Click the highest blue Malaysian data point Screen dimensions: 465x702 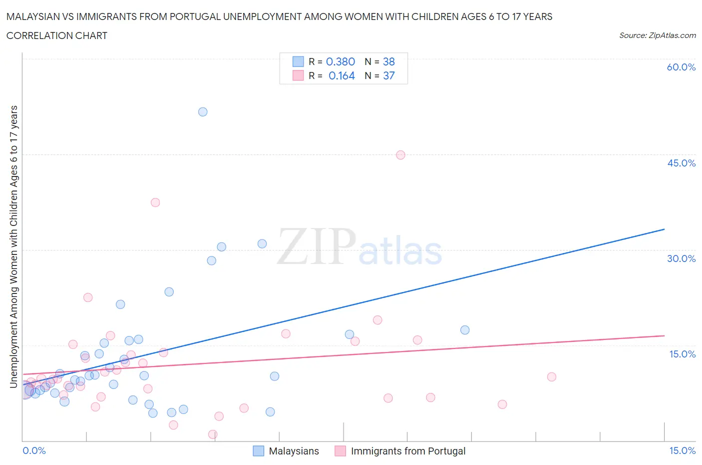coord(203,112)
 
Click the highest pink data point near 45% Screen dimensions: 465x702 coord(400,155)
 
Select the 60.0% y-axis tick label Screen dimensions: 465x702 coord(681,67)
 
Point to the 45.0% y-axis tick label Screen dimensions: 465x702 coord(681,163)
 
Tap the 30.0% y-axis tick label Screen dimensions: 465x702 coord(681,258)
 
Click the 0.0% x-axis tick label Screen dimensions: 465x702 coord(34,450)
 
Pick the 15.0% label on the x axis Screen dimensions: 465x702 coord(682,450)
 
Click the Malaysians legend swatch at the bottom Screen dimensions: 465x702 coord(258,451)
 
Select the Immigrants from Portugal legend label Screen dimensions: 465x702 coord(408,451)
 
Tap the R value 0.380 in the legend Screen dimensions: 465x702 coord(341,61)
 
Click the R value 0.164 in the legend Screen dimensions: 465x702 coord(342,75)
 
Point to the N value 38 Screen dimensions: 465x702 coord(389,61)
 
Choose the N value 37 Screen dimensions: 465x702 coord(389,75)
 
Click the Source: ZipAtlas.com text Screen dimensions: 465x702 coord(657,35)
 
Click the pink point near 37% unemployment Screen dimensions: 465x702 coord(155,202)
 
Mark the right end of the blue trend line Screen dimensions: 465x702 coord(664,229)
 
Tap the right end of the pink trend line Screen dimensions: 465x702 coord(664,335)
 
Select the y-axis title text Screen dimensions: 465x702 coord(14,247)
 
